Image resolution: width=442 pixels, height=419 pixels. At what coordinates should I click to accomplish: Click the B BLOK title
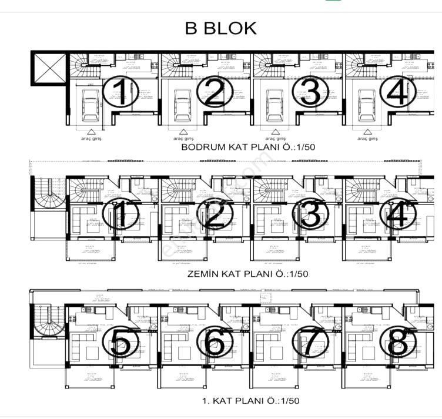click(220, 28)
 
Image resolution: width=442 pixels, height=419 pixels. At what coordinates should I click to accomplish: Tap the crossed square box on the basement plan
click(49, 68)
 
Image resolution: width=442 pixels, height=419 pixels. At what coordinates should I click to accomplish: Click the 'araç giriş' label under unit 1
click(91, 139)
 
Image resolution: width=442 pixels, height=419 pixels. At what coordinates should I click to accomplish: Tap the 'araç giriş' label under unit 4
click(367, 139)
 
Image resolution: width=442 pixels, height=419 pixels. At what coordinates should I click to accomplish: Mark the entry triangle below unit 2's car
click(183, 132)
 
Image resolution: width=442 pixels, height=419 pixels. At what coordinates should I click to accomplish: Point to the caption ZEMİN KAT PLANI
click(247, 274)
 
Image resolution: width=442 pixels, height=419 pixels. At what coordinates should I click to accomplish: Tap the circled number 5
click(120, 341)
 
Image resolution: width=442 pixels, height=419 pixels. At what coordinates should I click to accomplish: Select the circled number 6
click(215, 341)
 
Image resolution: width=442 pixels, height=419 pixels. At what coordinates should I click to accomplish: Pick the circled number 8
click(401, 341)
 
